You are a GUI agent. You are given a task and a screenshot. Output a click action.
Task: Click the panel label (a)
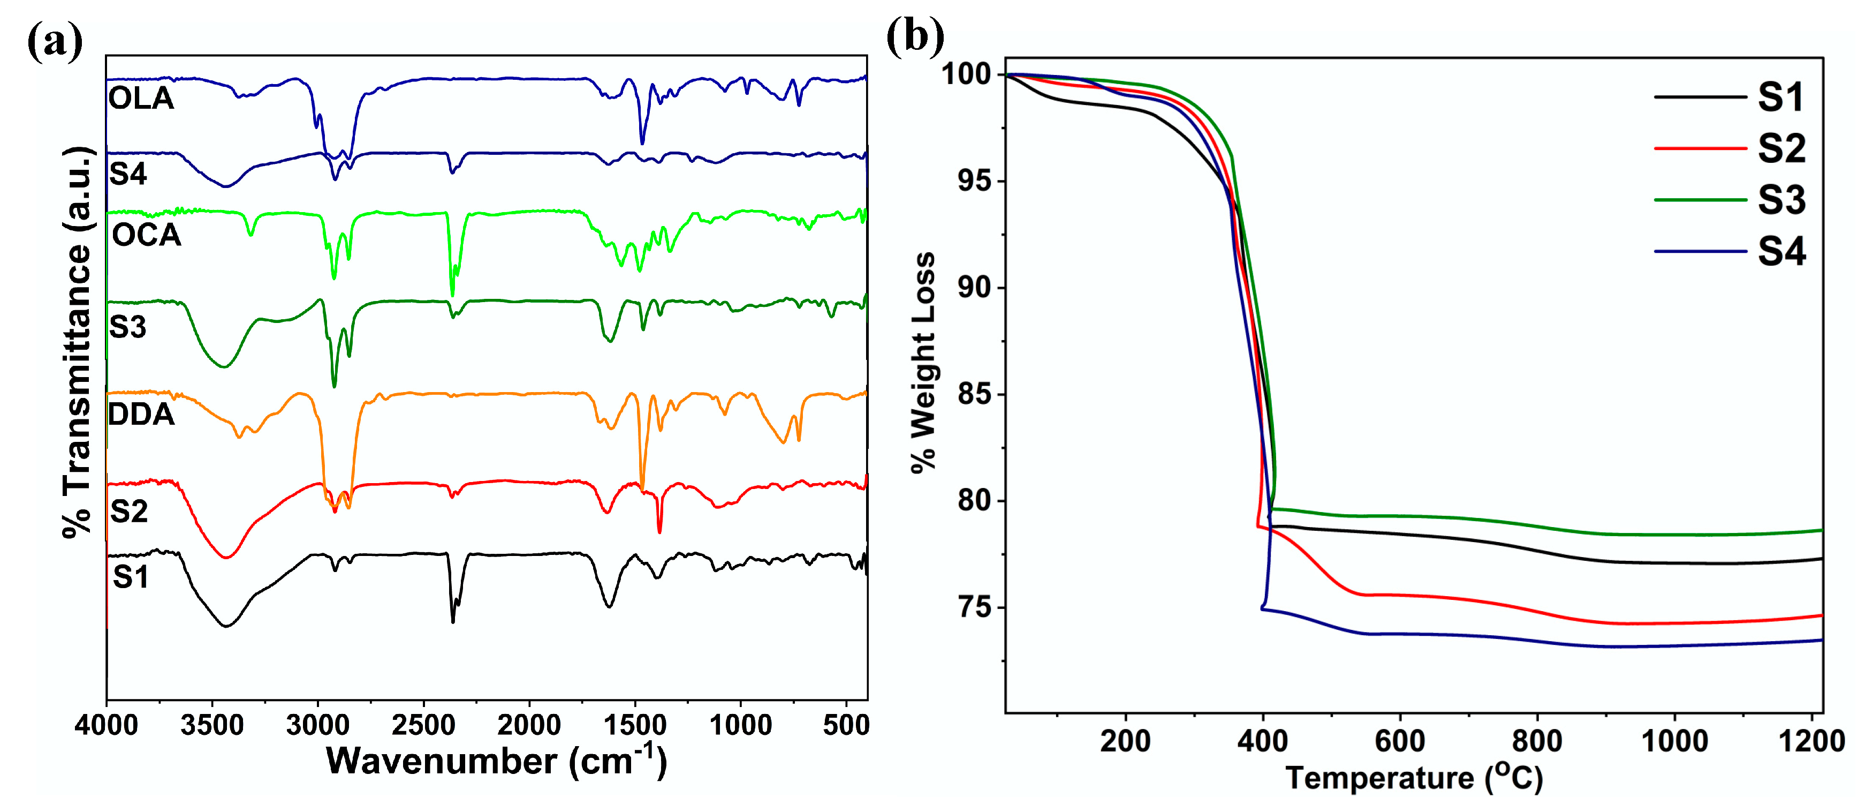click(55, 41)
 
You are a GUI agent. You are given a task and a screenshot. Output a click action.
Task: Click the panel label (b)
click(915, 36)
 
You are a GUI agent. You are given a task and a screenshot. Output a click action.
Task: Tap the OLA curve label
click(141, 98)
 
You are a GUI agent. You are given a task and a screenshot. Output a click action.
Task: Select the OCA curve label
click(147, 235)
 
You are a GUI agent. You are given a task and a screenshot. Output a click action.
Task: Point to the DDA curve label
click(141, 415)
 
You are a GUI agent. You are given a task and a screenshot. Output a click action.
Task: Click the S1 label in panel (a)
click(131, 577)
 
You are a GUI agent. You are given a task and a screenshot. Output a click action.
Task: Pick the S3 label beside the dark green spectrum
click(128, 328)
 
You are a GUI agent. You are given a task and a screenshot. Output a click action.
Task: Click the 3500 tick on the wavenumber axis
click(212, 725)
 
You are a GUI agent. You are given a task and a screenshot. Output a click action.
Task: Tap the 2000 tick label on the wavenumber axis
click(529, 725)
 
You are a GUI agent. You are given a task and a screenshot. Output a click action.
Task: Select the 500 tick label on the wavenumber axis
click(846, 725)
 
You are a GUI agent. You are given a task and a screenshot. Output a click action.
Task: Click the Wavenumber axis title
click(497, 761)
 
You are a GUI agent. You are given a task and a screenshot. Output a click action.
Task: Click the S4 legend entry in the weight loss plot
click(1781, 252)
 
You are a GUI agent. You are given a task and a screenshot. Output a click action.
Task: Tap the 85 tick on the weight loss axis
click(975, 394)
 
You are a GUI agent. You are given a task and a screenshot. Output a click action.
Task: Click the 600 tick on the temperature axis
click(1400, 741)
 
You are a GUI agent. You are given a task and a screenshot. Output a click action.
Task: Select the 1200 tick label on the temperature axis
click(1811, 741)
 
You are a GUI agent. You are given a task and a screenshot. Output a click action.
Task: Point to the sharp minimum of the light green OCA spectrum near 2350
click(452, 295)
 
